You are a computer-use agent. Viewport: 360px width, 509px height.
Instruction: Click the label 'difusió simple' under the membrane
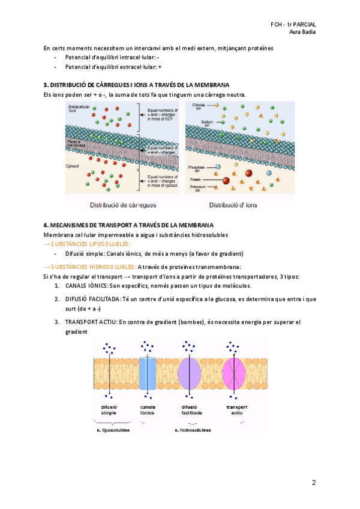(x=109, y=410)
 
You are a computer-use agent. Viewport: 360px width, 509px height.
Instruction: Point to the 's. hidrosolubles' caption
(x=193, y=430)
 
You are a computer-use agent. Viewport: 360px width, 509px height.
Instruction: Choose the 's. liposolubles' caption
(x=113, y=430)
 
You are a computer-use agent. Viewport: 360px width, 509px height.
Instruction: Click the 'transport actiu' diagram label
(x=234, y=410)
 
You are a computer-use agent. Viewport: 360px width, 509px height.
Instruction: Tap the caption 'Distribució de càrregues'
(x=122, y=205)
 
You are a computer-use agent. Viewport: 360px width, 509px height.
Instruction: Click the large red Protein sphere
(x=226, y=179)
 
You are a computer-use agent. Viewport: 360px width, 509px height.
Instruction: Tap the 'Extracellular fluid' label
(x=77, y=109)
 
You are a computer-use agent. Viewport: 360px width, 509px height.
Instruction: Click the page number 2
(x=313, y=483)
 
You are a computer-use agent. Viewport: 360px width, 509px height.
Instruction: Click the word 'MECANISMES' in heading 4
(x=70, y=225)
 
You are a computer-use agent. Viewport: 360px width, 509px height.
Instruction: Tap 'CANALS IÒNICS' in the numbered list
(x=86, y=285)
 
